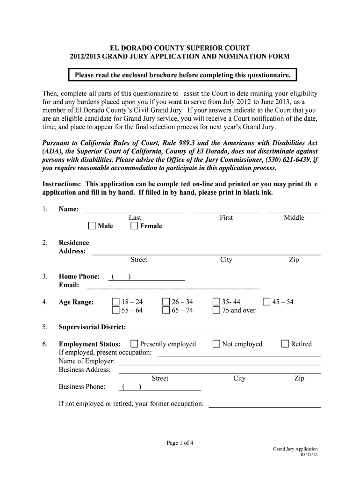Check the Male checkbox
click(x=92, y=226)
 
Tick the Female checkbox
click(x=134, y=226)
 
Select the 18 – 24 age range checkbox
click(x=115, y=302)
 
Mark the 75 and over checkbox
click(x=216, y=311)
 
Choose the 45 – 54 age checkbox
click(x=266, y=302)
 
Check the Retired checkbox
click(x=285, y=344)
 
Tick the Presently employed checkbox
click(x=134, y=344)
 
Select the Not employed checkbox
click(x=216, y=344)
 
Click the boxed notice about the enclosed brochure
click(x=182, y=75)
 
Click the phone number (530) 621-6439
click(x=284, y=160)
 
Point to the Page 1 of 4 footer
click(x=180, y=443)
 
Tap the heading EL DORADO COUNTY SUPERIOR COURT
click(x=180, y=48)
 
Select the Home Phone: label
click(x=79, y=277)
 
